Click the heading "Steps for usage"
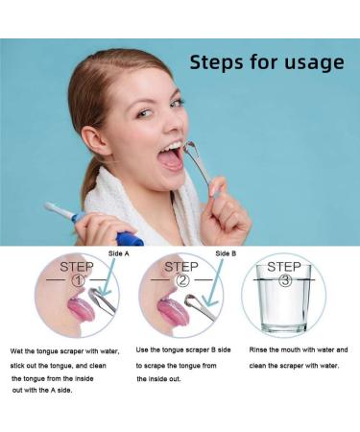click(266, 63)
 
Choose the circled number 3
click(284, 281)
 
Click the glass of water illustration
click(284, 308)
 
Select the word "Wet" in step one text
click(17, 351)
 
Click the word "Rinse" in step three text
click(259, 350)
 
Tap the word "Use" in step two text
click(143, 350)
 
